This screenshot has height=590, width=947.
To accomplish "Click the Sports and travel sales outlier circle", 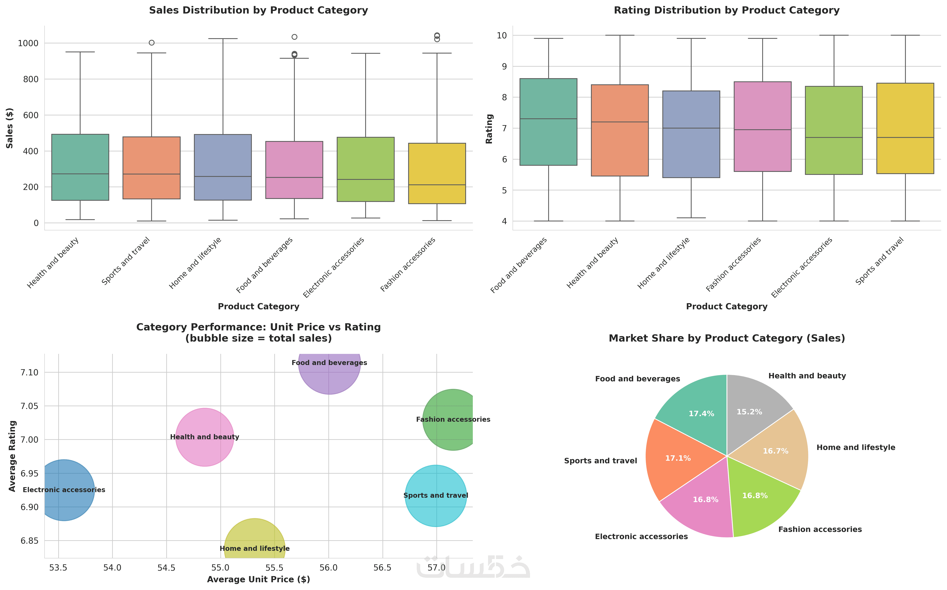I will tap(152, 43).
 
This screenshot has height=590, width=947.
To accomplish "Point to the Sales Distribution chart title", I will tap(258, 10).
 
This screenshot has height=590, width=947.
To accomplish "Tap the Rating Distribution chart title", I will tap(727, 10).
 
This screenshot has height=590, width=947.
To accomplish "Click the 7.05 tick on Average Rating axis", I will tap(29, 406).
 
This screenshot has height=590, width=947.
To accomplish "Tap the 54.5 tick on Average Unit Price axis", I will tap(167, 568).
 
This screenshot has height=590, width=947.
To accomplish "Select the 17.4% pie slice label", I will tap(701, 414).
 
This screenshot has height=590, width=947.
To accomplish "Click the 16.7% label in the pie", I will tap(775, 451).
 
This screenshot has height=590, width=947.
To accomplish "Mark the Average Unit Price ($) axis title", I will tap(258, 579).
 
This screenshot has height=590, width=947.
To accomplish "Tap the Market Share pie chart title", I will tap(727, 338).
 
